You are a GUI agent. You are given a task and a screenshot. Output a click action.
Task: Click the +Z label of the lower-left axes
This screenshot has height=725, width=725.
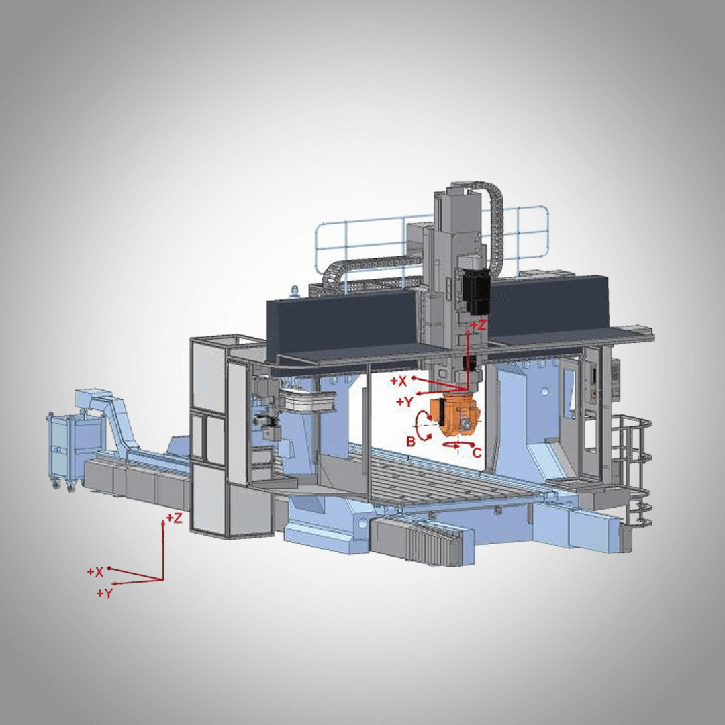tap(175, 518)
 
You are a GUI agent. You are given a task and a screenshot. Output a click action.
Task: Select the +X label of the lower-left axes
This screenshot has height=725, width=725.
tap(95, 572)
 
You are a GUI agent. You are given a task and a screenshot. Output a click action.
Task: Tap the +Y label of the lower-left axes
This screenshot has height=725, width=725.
tap(105, 593)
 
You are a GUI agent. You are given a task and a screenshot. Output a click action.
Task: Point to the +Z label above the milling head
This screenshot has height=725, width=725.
tap(479, 325)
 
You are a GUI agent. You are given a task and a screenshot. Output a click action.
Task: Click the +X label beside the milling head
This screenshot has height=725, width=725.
tap(398, 381)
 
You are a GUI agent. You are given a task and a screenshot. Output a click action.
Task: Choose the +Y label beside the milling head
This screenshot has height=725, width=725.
tap(405, 402)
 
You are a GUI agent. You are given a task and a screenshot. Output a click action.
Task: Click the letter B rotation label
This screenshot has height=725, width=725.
tap(411, 442)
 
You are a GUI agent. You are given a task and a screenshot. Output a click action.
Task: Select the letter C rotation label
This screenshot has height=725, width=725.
tap(477, 452)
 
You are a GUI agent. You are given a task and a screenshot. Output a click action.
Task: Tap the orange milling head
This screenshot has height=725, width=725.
tap(454, 416)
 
